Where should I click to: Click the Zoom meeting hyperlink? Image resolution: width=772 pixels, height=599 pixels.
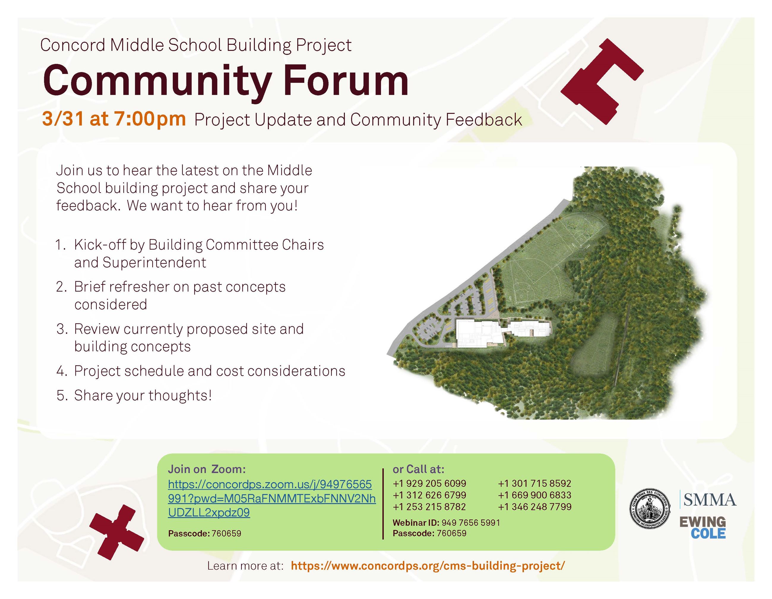[271, 498]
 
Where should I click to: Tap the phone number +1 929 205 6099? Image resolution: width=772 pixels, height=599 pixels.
[429, 483]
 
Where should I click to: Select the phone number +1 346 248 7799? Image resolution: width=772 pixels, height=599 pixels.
[534, 507]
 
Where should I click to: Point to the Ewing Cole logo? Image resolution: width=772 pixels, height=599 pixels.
[703, 527]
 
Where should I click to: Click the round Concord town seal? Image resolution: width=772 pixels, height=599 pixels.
[650, 509]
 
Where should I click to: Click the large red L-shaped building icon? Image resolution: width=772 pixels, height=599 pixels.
[601, 81]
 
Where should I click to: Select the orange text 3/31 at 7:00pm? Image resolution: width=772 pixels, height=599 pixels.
[114, 119]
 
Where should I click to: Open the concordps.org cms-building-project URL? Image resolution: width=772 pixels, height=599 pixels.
[428, 566]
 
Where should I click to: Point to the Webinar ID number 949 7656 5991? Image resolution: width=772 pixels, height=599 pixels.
[471, 523]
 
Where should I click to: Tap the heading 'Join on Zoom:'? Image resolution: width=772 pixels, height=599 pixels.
[207, 469]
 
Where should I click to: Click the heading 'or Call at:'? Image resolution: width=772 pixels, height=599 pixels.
[418, 469]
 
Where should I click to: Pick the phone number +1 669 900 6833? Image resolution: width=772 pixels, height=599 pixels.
[534, 495]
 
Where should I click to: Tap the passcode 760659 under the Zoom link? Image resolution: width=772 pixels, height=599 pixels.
[226, 533]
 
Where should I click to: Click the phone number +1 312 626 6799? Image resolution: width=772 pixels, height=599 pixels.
[429, 495]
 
